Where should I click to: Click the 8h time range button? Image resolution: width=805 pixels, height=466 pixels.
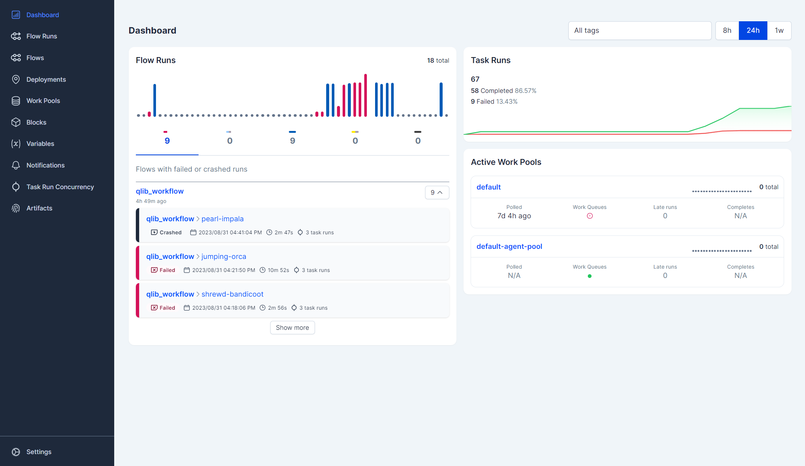click(x=727, y=31)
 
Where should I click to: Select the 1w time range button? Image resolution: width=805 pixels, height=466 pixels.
click(x=779, y=31)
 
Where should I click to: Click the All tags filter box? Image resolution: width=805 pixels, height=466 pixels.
click(x=639, y=31)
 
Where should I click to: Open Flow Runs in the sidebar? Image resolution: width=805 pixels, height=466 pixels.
click(x=41, y=36)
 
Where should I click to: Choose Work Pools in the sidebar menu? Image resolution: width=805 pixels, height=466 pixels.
click(x=43, y=101)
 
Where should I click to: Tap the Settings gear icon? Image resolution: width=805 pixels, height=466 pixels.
click(x=16, y=452)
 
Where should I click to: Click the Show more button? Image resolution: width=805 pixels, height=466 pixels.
click(x=292, y=328)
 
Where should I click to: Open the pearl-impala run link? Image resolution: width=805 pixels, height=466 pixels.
click(x=222, y=219)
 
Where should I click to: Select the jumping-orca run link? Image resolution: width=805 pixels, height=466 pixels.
click(x=224, y=256)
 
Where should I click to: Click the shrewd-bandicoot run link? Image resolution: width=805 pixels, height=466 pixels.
click(x=232, y=294)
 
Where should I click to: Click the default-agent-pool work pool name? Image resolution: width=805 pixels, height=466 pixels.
click(x=509, y=246)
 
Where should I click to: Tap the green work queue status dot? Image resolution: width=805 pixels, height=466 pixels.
click(x=589, y=276)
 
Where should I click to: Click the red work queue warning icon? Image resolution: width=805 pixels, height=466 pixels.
click(x=590, y=216)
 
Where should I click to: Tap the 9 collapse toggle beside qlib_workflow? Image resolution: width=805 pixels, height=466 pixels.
click(x=437, y=193)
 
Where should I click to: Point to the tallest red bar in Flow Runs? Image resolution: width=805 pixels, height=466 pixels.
click(x=365, y=95)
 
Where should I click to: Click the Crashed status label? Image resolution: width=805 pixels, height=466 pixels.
click(x=170, y=232)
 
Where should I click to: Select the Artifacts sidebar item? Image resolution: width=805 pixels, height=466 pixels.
click(x=39, y=208)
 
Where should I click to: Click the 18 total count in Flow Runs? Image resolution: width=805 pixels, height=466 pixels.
click(x=438, y=60)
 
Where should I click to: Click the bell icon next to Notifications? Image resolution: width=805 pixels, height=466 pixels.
click(x=16, y=165)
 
